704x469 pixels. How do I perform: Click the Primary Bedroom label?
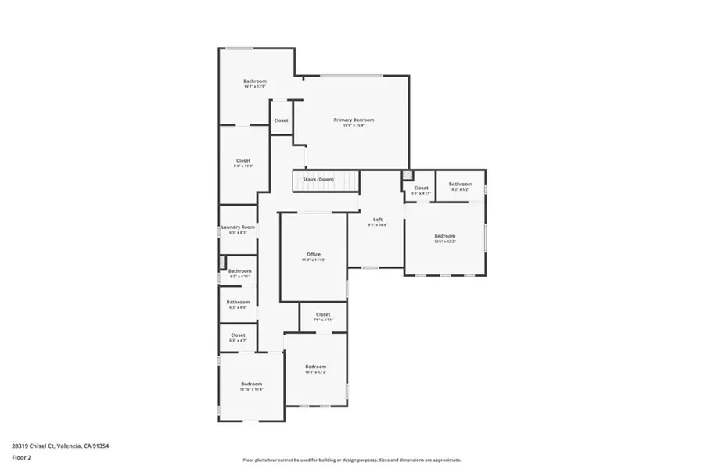point(354,120)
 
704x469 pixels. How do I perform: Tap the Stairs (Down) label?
point(318,179)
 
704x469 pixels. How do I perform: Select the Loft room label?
point(377,220)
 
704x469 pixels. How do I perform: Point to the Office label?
point(314,254)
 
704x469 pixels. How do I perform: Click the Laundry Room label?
point(238,227)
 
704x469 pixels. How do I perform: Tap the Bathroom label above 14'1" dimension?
point(255,81)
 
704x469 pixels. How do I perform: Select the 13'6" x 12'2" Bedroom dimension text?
point(444,242)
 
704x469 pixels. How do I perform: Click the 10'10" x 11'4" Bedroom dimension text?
point(251,389)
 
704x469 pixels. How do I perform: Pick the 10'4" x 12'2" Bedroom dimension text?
point(315,372)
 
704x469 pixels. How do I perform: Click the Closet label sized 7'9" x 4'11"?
point(322,314)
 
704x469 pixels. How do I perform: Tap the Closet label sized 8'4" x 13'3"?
point(243,160)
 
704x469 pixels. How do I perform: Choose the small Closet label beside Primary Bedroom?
point(281,120)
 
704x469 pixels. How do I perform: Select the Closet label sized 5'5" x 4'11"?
point(421,188)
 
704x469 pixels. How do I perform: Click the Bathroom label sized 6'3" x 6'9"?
point(238,302)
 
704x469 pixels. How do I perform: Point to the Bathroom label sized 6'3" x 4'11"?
point(239,271)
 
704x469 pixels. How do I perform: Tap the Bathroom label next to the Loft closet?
point(460,184)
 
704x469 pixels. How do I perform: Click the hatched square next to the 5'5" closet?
point(406,175)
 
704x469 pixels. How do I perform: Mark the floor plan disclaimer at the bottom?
point(352,460)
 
